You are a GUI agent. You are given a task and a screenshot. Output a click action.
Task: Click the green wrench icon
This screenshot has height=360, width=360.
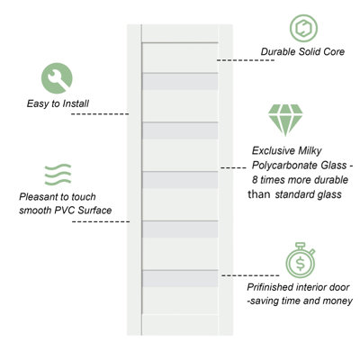pos(57,78)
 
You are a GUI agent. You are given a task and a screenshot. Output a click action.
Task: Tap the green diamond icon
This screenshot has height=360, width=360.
pos(285,120)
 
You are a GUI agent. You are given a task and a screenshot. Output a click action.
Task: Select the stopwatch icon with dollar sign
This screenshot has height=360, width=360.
pos(301,260)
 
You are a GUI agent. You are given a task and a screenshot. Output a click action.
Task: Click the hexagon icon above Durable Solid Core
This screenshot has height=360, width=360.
pos(303,28)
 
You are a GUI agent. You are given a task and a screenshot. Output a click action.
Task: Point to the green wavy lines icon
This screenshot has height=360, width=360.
pos(58,175)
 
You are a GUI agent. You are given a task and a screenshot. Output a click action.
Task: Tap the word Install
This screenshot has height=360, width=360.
pos(76,103)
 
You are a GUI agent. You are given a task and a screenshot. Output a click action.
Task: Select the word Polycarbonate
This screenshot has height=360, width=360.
pos(284,166)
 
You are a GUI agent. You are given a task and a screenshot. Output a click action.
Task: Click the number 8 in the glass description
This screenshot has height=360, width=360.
pos(255,180)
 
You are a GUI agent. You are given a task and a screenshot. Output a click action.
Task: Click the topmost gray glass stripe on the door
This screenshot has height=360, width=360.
pos(180,82)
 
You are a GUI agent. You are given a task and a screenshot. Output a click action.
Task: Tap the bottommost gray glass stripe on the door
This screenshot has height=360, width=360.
pos(180,279)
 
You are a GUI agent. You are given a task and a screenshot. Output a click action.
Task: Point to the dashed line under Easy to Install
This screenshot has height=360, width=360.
pos(100,114)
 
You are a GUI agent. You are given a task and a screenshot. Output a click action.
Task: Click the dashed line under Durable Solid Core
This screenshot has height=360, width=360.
pos(246,60)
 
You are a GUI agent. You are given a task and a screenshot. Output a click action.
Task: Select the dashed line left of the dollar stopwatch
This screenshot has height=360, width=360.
pos(250,275)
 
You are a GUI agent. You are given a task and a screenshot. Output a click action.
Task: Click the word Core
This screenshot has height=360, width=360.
pos(334,51)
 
